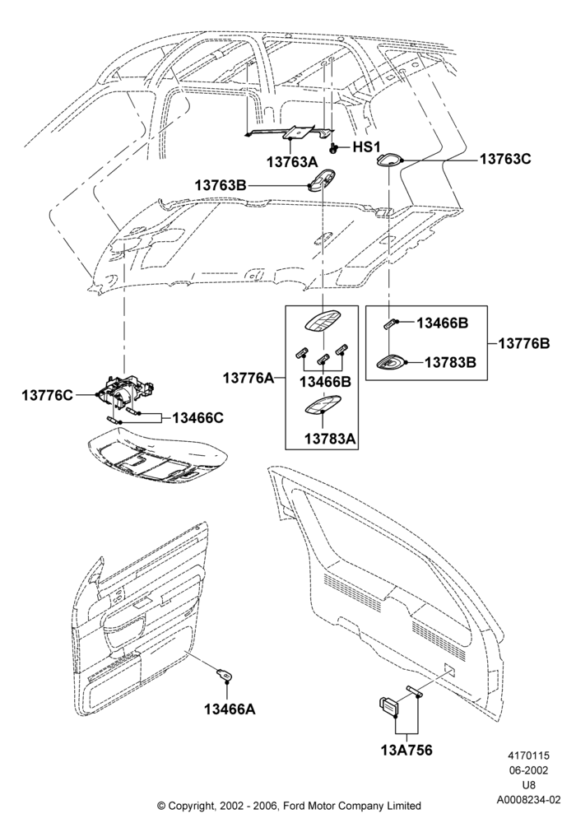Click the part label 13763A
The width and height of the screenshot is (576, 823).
291,161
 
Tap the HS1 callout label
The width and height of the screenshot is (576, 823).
366,147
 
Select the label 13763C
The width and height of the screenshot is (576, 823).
505,159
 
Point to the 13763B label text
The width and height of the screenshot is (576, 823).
221,185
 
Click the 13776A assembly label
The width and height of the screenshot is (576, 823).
249,378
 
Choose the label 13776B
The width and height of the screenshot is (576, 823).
524,343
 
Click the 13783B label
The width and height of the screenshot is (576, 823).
450,362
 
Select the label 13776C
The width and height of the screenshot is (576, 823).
47,395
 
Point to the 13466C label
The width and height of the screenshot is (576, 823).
198,418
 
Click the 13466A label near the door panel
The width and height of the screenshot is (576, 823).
230,709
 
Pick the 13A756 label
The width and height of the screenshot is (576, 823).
406,751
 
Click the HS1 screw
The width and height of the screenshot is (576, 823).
333,147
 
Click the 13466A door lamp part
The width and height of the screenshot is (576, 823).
225,675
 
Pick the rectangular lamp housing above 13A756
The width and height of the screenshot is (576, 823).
388,706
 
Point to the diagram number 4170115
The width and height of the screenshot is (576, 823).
528,756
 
